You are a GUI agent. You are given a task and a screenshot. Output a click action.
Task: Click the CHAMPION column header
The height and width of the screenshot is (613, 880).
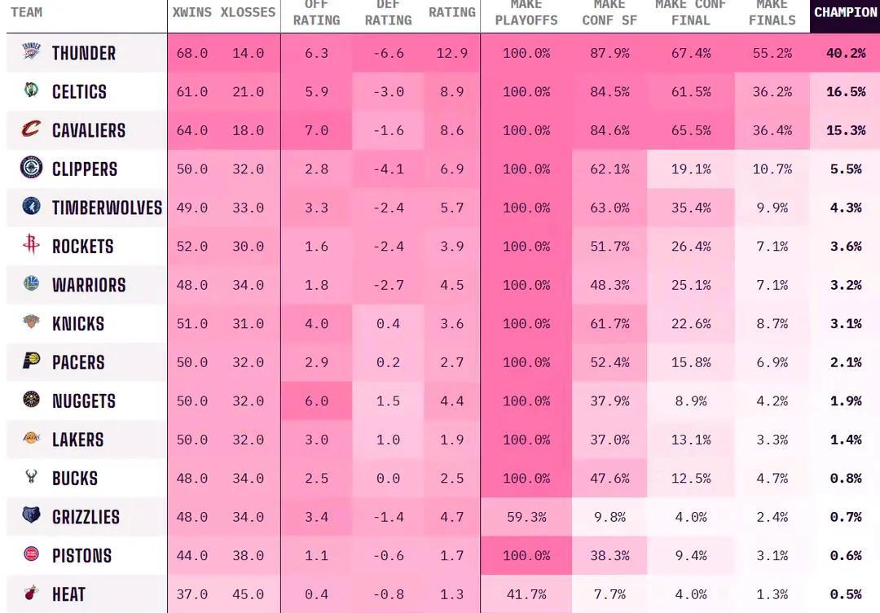pyautogui.click(x=845, y=13)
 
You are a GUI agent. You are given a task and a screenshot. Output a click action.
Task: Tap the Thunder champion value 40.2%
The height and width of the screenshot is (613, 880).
pyautogui.click(x=845, y=53)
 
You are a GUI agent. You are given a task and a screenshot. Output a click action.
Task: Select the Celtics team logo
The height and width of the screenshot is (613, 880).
pyautogui.click(x=31, y=90)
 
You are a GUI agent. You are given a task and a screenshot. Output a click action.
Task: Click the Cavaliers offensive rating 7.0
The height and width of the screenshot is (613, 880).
pyautogui.click(x=316, y=130)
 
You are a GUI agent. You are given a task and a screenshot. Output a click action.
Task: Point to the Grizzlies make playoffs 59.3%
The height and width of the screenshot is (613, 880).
pyautogui.click(x=526, y=517)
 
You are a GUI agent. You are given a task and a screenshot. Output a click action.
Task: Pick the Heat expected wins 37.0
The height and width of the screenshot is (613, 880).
pyautogui.click(x=192, y=594)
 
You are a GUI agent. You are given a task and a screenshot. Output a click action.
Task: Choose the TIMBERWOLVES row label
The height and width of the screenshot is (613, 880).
pyautogui.click(x=107, y=208)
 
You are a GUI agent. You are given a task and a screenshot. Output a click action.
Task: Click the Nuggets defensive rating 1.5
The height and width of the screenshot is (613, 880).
pyautogui.click(x=388, y=401)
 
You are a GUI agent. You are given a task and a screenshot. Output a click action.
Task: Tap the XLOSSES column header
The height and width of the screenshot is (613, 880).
pyautogui.click(x=248, y=13)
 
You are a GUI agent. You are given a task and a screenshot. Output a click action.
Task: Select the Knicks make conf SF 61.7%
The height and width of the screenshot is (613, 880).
pyautogui.click(x=609, y=323)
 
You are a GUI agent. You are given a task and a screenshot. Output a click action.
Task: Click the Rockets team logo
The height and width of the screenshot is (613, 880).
pyautogui.click(x=31, y=245)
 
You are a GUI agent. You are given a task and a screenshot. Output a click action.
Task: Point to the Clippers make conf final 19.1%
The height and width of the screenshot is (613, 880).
pyautogui.click(x=691, y=169)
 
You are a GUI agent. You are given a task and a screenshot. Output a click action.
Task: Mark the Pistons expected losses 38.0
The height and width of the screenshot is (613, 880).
pyautogui.click(x=248, y=555)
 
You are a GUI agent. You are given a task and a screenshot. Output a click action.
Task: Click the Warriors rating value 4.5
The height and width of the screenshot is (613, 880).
pyautogui.click(x=451, y=285)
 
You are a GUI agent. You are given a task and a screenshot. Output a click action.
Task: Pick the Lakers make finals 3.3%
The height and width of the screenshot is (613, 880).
pyautogui.click(x=772, y=440)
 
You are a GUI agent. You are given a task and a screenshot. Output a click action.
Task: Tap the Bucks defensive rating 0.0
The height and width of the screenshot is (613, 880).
pyautogui.click(x=388, y=478)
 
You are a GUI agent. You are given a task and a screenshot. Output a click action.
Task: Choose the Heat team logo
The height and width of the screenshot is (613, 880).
pyautogui.click(x=31, y=593)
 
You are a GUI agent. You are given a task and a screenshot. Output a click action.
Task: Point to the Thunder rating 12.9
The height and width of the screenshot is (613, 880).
pyautogui.click(x=451, y=53)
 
